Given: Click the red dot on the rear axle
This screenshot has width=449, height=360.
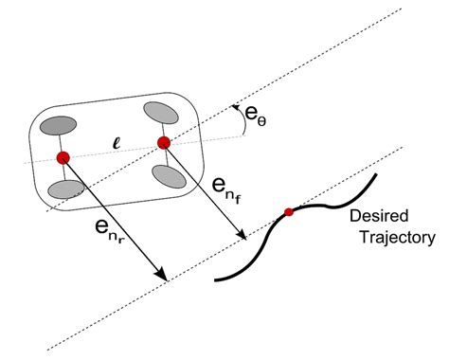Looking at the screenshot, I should pos(63,156).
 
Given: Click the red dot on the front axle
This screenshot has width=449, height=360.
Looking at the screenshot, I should pos(163,143).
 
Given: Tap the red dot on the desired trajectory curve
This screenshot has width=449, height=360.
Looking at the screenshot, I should pos(289,212).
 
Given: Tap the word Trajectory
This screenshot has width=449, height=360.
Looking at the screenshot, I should pos(396,238).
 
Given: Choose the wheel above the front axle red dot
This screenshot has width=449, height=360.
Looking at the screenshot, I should pos(161,111).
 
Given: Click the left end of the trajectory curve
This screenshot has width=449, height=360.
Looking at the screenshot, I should pos(217,279).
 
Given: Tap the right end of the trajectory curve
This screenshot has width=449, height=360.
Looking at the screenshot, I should pos(378,174).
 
